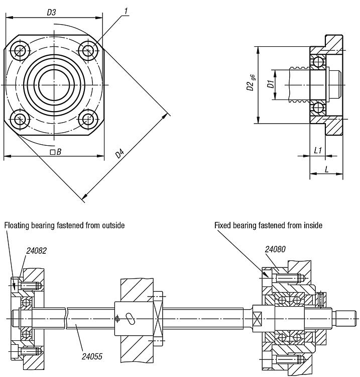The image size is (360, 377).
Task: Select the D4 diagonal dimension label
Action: pos(120,153)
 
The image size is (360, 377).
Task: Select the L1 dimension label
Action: pos(318,150)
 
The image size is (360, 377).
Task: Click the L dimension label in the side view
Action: pos(326,169)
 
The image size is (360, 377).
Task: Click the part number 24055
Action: pos(92,356)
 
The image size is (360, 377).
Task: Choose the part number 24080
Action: pos(275,248)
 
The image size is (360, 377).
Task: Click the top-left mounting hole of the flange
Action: pos(20,50)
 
